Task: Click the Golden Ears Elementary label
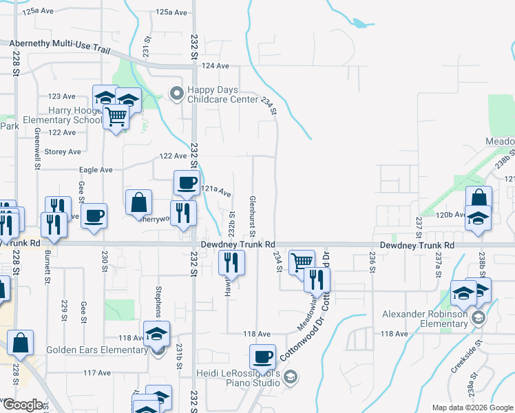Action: (x=96, y=350)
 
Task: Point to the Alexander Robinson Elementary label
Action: (x=425, y=319)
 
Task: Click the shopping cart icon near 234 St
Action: (x=302, y=262)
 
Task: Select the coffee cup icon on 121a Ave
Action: (x=186, y=183)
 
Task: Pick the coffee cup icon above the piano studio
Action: (x=262, y=357)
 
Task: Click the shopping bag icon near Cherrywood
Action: (x=138, y=202)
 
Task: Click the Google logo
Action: (x=23, y=405)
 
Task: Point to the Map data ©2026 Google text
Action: (x=472, y=407)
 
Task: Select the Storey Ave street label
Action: (x=63, y=151)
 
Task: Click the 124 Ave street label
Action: (x=216, y=66)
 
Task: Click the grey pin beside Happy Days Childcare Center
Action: (x=177, y=94)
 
